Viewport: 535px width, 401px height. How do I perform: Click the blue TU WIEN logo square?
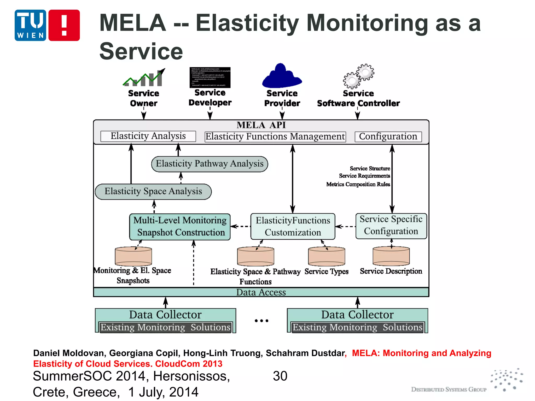pyautogui.click(x=30, y=25)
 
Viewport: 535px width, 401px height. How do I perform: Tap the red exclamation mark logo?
pyautogui.click(x=64, y=25)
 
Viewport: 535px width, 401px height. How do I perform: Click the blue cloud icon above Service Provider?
pyautogui.click(x=282, y=76)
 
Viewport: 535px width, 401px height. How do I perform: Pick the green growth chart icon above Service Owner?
pyautogui.click(x=144, y=78)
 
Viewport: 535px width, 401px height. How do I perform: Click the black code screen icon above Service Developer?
pyautogui.click(x=210, y=77)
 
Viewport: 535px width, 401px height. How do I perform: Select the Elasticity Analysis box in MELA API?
pyautogui.click(x=148, y=136)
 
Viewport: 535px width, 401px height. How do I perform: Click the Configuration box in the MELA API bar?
pyautogui.click(x=388, y=137)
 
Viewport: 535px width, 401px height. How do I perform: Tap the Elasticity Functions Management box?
pyautogui.click(x=275, y=137)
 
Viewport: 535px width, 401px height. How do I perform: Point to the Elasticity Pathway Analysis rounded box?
pyautogui.click(x=210, y=164)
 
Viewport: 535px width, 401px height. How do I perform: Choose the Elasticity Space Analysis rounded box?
pyautogui.click(x=153, y=192)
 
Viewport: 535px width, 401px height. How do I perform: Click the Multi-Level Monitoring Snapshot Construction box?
pyautogui.click(x=180, y=227)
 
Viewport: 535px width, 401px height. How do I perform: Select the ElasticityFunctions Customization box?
pyautogui.click(x=293, y=227)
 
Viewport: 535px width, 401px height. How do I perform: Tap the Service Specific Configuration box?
pyautogui.click(x=391, y=226)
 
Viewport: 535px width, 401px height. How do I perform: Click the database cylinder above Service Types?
pyautogui.click(x=326, y=256)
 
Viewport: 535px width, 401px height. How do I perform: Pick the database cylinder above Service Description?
pyautogui.click(x=391, y=256)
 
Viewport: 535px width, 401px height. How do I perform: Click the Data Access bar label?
pyautogui.click(x=261, y=292)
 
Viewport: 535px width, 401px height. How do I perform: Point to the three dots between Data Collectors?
pyautogui.click(x=261, y=321)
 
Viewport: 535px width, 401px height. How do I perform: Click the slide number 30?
pyautogui.click(x=280, y=376)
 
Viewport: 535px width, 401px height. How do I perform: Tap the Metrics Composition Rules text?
pyautogui.click(x=358, y=184)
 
